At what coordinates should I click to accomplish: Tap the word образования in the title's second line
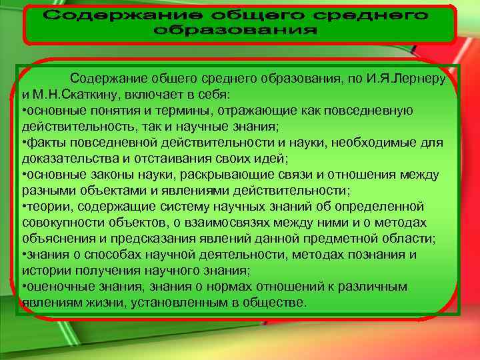[x=239, y=31]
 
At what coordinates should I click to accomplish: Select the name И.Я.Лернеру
[x=409, y=79]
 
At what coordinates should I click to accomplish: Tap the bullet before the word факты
[x=24, y=143]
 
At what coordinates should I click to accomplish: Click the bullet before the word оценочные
[x=24, y=286]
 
